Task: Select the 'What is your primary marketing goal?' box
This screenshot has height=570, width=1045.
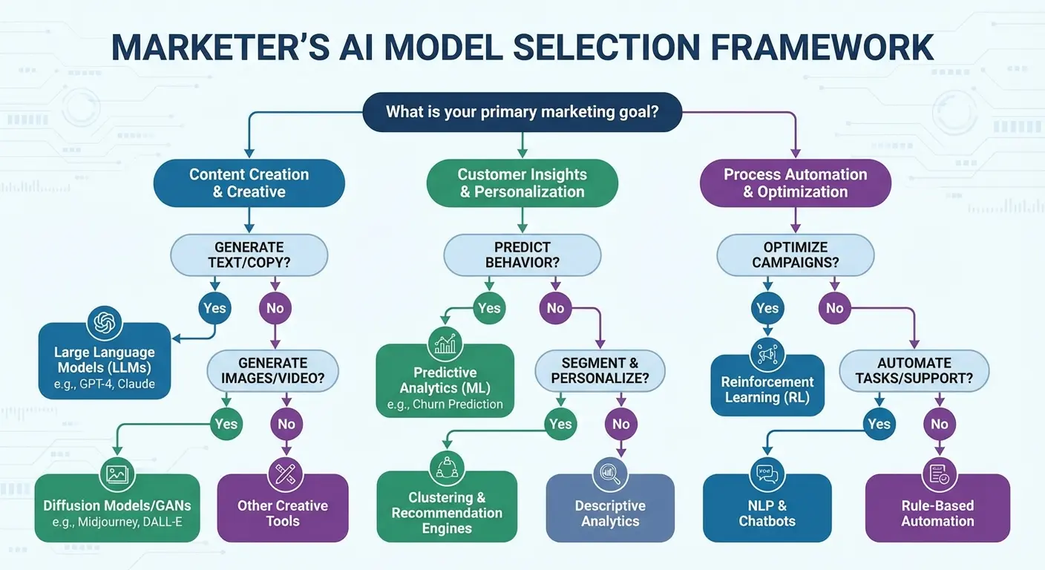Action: click(x=522, y=112)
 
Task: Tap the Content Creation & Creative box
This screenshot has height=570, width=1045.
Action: click(x=249, y=183)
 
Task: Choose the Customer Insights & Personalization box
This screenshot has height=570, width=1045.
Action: click(x=522, y=183)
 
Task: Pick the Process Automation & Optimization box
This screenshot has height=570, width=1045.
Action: click(x=795, y=183)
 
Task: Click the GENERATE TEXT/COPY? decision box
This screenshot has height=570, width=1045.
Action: click(x=249, y=255)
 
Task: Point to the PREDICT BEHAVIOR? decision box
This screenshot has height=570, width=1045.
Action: click(x=522, y=255)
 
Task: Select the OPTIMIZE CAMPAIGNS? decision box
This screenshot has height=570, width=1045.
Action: click(x=795, y=255)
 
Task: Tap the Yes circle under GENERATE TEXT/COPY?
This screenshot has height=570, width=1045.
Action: click(x=214, y=308)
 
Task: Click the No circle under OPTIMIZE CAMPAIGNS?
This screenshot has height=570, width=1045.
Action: click(x=835, y=308)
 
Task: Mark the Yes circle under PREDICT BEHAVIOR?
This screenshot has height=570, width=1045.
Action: click(x=489, y=308)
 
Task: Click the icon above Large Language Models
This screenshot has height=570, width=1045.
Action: click(x=104, y=324)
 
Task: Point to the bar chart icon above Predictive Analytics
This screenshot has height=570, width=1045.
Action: click(x=445, y=344)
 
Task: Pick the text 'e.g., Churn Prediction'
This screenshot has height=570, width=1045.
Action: click(x=445, y=404)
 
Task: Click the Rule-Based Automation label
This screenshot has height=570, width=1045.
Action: click(x=937, y=514)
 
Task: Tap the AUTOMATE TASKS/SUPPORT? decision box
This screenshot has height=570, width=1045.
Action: click(x=914, y=371)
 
